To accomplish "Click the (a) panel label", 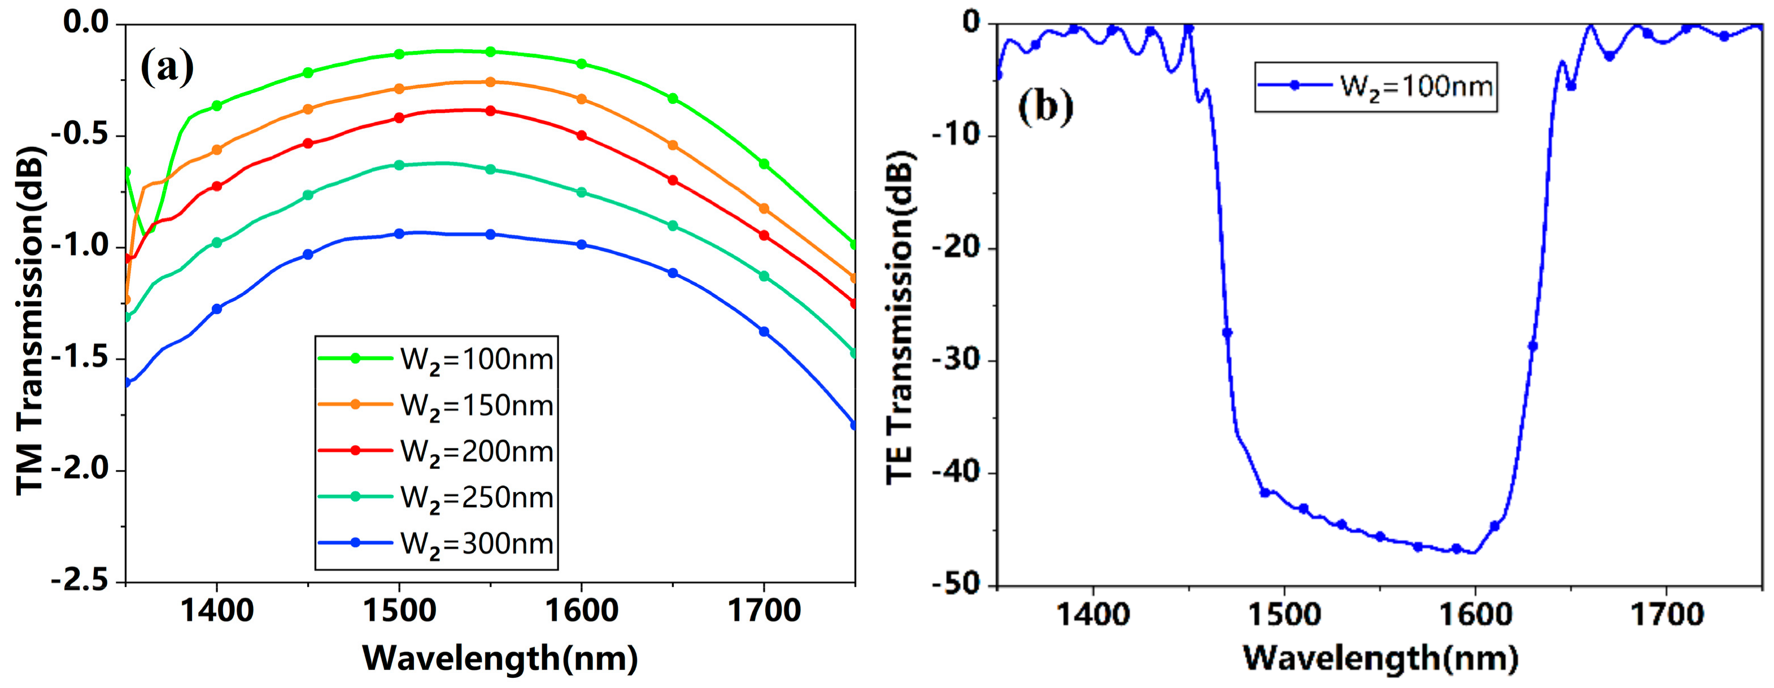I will (167, 67).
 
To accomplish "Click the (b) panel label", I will (1045, 106).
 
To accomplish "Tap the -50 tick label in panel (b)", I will (955, 585).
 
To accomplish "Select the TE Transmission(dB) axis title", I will (900, 317).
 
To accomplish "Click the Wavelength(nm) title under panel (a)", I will (500, 659).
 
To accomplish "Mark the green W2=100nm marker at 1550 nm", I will (490, 51).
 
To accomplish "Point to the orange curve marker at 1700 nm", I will (764, 208).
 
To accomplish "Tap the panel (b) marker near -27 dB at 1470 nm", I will (1227, 333).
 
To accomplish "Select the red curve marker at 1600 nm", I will (582, 136).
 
